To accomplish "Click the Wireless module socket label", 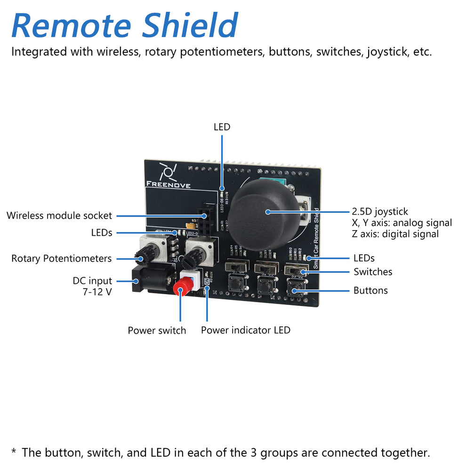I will pyautogui.click(x=59, y=216).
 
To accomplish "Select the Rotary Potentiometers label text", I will pyautogui.click(x=61, y=258).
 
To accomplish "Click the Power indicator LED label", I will pyautogui.click(x=245, y=330).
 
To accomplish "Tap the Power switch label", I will pyautogui.click(x=157, y=330).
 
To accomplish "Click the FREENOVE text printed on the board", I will pyautogui.click(x=168, y=185).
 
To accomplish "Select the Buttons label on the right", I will pyautogui.click(x=370, y=290).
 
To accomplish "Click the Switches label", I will pyautogui.click(x=373, y=272).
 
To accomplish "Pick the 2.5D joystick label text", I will pyautogui.click(x=380, y=212).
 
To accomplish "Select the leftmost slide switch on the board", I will pyautogui.click(x=235, y=267).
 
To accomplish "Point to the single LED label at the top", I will pyautogui.click(x=222, y=127).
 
